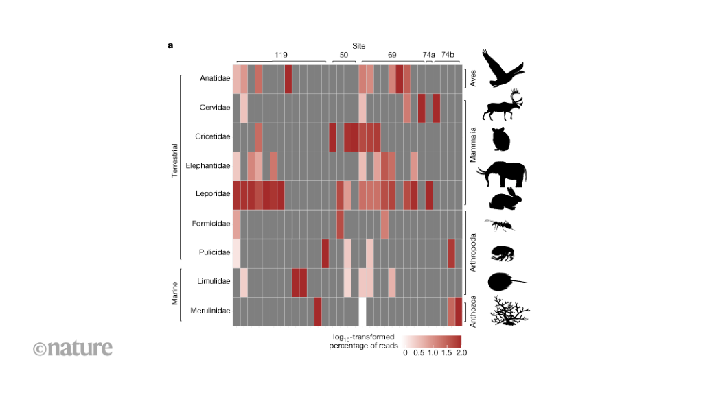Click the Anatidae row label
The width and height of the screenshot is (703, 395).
[214, 78]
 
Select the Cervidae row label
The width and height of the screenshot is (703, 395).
[214, 108]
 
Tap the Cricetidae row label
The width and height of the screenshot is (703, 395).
[213, 136]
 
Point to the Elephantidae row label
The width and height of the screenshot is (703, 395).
[210, 165]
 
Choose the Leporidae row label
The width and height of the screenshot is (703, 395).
[214, 194]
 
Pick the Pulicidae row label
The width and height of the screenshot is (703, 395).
[214, 252]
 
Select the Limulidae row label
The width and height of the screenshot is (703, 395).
[214, 281]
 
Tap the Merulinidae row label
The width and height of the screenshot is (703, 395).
[210, 311]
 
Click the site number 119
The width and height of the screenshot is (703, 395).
[281, 54]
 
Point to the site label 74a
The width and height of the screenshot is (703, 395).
[429, 54]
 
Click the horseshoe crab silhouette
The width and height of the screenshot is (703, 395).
[506, 281]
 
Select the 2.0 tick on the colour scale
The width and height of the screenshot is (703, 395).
[461, 352]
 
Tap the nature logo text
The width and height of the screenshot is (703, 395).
[73, 348]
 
